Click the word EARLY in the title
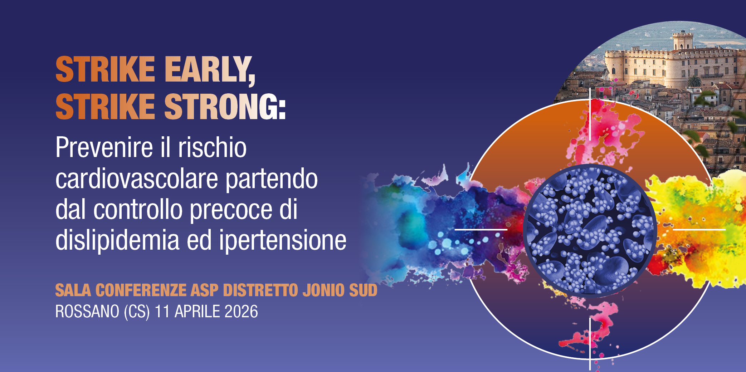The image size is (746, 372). (209, 69)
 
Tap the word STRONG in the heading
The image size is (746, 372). (225, 106)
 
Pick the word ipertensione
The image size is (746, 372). (283, 240)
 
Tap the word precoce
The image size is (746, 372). (231, 210)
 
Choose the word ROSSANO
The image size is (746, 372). (87, 312)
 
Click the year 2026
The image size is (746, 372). (241, 312)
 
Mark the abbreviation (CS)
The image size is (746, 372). (137, 312)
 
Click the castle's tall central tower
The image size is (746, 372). (682, 41)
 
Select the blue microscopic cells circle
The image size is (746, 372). (590, 231)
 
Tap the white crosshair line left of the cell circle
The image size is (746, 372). (481, 229)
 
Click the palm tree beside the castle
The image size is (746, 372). (694, 81)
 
